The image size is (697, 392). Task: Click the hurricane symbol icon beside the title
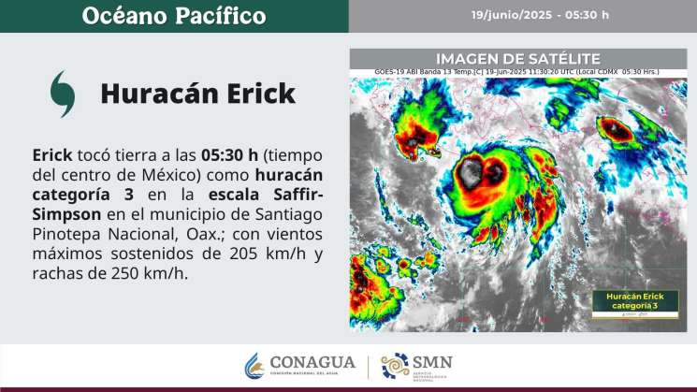coord(63,94)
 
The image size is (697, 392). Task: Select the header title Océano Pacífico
coord(173,16)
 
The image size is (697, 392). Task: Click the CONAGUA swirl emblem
coord(253,366)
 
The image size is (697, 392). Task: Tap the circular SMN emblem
coord(395,366)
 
